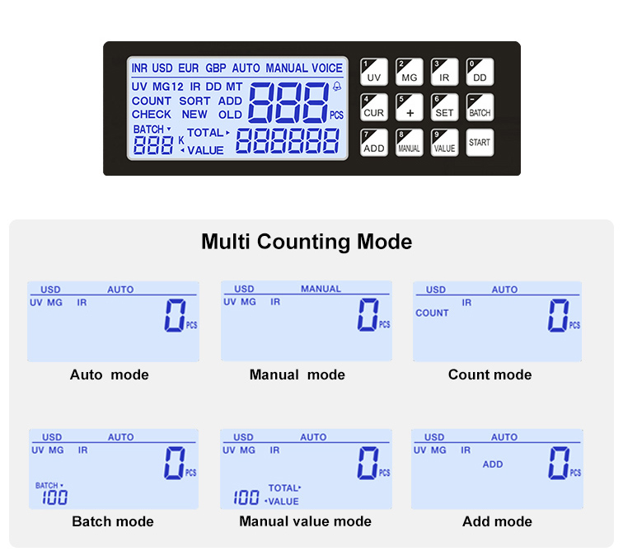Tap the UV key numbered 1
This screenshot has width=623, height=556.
[374, 72]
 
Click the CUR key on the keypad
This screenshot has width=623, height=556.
[374, 107]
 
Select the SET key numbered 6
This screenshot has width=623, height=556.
[444, 107]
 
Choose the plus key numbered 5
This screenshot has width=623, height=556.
[410, 107]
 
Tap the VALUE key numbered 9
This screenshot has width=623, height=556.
[444, 144]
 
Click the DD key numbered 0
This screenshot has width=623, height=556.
[480, 72]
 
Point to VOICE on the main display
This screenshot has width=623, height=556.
[327, 68]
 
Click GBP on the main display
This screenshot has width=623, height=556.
[216, 68]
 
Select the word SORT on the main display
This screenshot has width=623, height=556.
[194, 101]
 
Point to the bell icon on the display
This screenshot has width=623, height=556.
[337, 87]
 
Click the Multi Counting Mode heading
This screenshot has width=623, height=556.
[307, 242]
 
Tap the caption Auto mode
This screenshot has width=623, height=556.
[110, 375]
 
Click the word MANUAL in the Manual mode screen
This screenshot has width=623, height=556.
[321, 289]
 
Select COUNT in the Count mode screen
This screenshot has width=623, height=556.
[432, 313]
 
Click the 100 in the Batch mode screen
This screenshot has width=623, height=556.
[55, 497]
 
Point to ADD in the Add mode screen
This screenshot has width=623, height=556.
[493, 464]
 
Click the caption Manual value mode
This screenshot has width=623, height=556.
[305, 521]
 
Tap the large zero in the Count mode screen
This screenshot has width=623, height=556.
[558, 315]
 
